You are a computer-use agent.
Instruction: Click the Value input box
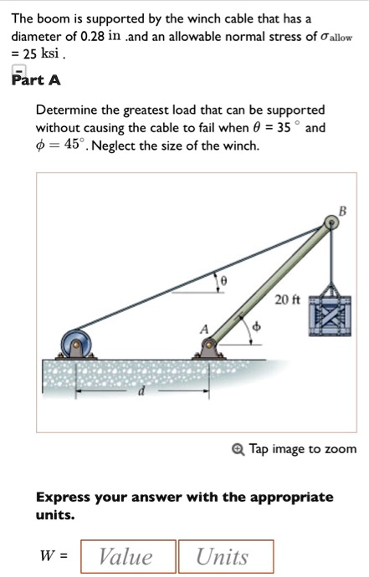[126, 557]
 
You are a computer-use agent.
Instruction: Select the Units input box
[224, 557]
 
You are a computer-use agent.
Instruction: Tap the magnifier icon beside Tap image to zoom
[239, 449]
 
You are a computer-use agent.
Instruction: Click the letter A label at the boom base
[202, 329]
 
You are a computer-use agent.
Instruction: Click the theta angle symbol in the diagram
[223, 283]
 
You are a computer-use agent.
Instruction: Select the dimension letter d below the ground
[140, 396]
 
